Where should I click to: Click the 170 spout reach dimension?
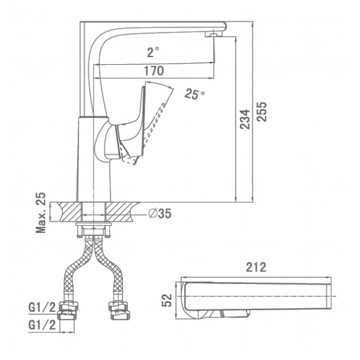154,71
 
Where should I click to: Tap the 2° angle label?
153,52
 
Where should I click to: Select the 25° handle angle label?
194,94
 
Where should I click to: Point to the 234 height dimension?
245,119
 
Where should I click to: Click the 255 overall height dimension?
262,112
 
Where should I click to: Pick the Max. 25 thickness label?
41,212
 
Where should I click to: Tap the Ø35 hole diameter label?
160,214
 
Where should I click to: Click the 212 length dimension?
256,267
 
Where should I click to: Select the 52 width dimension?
167,300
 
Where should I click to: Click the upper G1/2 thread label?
42,307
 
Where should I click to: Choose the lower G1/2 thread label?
42,325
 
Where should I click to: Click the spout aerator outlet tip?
214,34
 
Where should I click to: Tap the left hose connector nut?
68,311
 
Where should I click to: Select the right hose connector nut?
119,311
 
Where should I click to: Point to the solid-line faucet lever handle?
131,124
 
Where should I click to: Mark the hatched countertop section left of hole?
68,212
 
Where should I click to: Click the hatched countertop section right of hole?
121,212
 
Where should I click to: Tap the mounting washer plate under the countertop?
94,223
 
